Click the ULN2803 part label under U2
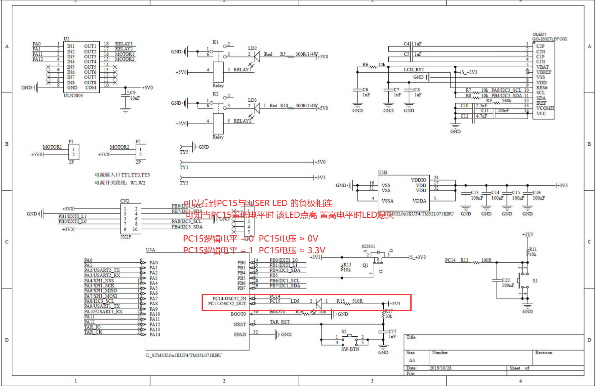pyautogui.click(x=73, y=95)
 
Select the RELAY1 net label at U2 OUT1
pyautogui.click(x=124, y=43)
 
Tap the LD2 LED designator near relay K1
pyautogui.click(x=252, y=49)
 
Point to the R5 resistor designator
pyautogui.click(x=283, y=54)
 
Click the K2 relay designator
pyautogui.click(x=215, y=94)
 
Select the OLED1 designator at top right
pyautogui.click(x=539, y=34)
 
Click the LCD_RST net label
pyautogui.click(x=414, y=70)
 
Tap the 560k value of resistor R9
pyautogui.click(x=507, y=101)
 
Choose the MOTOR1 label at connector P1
pyautogui.click(x=52, y=147)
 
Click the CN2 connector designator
pyautogui.click(x=125, y=201)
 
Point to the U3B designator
pyautogui.click(x=382, y=172)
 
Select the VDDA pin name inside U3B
pyautogui.click(x=419, y=201)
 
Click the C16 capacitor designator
pyautogui.click(x=537, y=192)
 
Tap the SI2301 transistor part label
pyautogui.click(x=368, y=246)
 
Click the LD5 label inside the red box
pyautogui.click(x=295, y=301)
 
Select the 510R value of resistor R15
pyautogui.click(x=358, y=301)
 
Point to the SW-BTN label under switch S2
pyautogui.click(x=350, y=349)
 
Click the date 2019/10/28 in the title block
pyautogui.click(x=440, y=368)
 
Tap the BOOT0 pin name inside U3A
pyautogui.click(x=238, y=314)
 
